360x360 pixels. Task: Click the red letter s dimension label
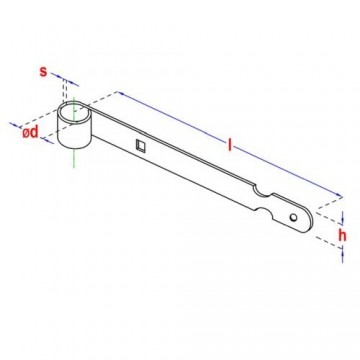tap(44, 71)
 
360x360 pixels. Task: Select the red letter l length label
tap(229, 146)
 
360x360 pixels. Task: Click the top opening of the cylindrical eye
tap(75, 112)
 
